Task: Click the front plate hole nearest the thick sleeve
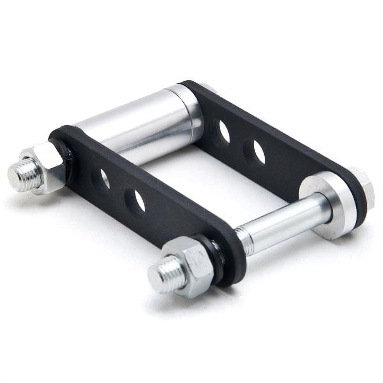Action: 104,179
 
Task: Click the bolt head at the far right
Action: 367,188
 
